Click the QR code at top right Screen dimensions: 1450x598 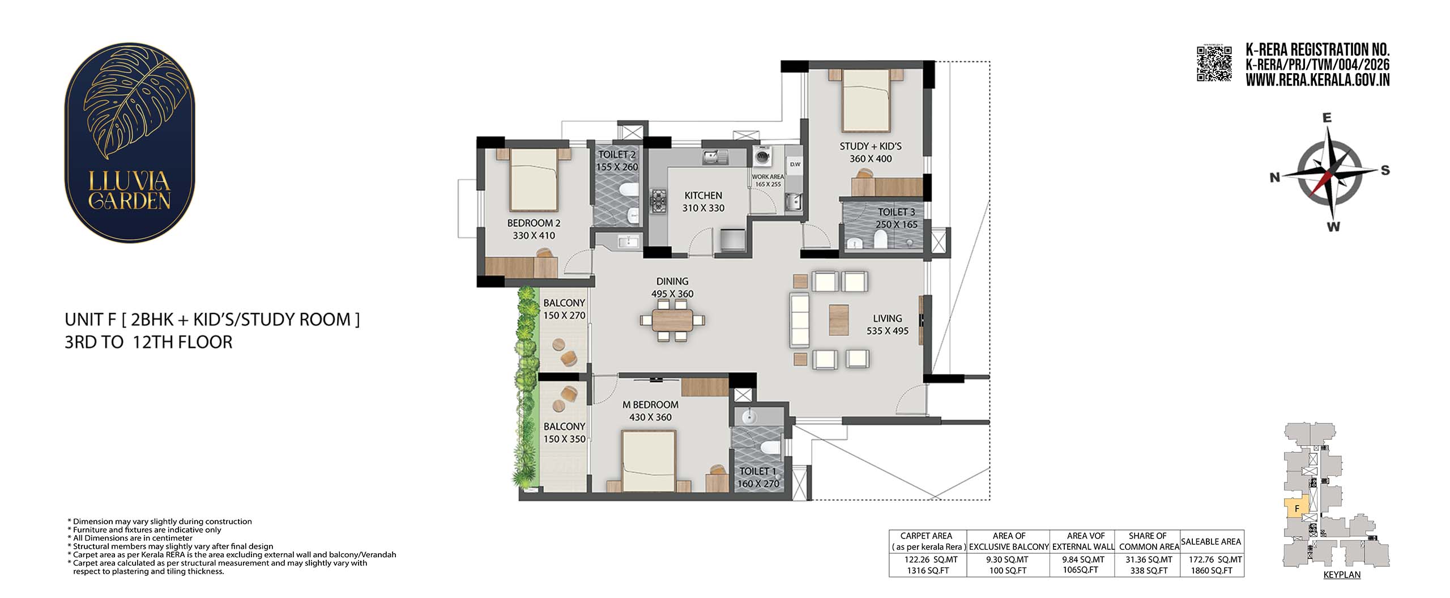1214,63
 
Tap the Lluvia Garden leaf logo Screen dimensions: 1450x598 130,143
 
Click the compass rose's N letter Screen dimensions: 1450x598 1275,177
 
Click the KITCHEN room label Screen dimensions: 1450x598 703,196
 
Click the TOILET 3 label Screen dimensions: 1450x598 896,212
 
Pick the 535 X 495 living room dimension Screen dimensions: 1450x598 887,331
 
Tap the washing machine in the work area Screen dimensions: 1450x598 762,155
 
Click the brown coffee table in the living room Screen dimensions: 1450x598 838,320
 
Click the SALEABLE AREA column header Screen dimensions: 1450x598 1211,542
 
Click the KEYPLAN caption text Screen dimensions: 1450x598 1342,574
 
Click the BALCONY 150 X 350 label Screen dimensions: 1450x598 564,432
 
